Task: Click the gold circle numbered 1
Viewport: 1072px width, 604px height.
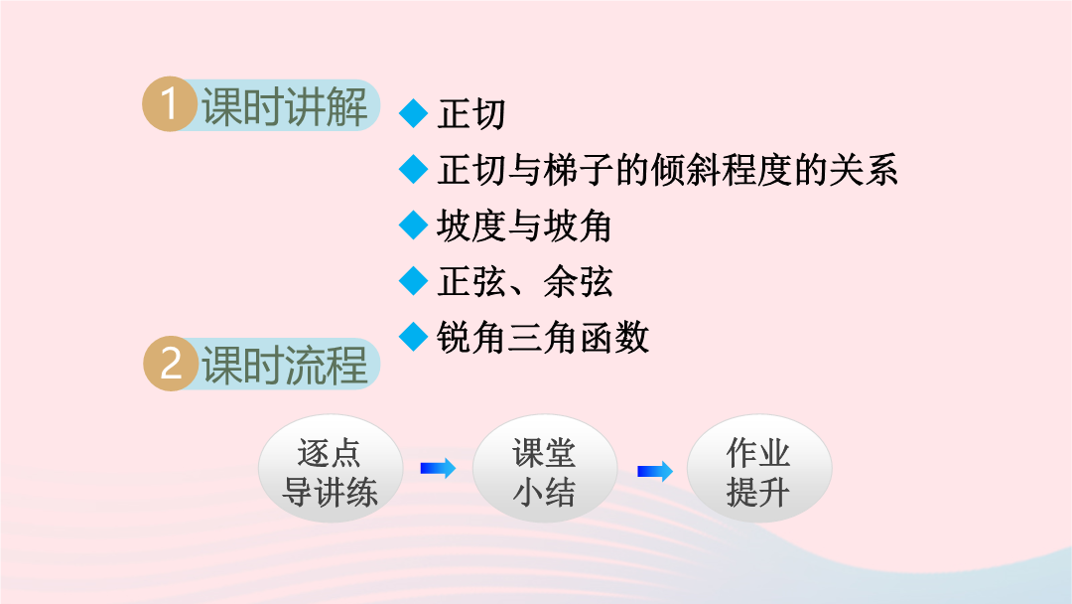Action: [x=170, y=104]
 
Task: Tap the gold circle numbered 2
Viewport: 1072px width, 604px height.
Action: [x=171, y=364]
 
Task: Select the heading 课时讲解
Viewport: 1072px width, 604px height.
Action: [x=285, y=106]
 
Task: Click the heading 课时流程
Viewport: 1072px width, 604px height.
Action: [x=285, y=365]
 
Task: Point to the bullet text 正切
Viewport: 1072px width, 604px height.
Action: [x=471, y=113]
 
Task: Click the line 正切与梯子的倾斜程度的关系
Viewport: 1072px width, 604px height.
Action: [x=667, y=170]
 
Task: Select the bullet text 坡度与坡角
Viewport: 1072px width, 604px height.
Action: [x=524, y=226]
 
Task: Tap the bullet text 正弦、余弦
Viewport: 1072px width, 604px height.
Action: [x=524, y=281]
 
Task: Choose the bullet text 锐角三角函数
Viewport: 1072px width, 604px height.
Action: [x=543, y=337]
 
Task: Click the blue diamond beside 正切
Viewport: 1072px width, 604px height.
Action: [x=414, y=113]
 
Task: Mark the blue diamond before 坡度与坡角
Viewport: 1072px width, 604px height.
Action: [x=414, y=226]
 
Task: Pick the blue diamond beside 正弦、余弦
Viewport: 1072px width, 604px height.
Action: [x=414, y=281]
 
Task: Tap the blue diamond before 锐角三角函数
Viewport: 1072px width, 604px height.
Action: [x=414, y=337]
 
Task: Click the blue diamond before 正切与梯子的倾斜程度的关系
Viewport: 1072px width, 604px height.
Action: [x=414, y=169]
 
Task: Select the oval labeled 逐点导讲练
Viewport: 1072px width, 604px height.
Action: [x=331, y=469]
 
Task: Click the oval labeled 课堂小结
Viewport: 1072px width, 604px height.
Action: [x=545, y=469]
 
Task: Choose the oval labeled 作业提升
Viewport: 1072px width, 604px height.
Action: [x=759, y=469]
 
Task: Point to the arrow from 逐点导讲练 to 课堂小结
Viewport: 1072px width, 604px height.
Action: [x=438, y=468]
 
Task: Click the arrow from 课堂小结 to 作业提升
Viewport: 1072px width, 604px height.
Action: [x=655, y=471]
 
